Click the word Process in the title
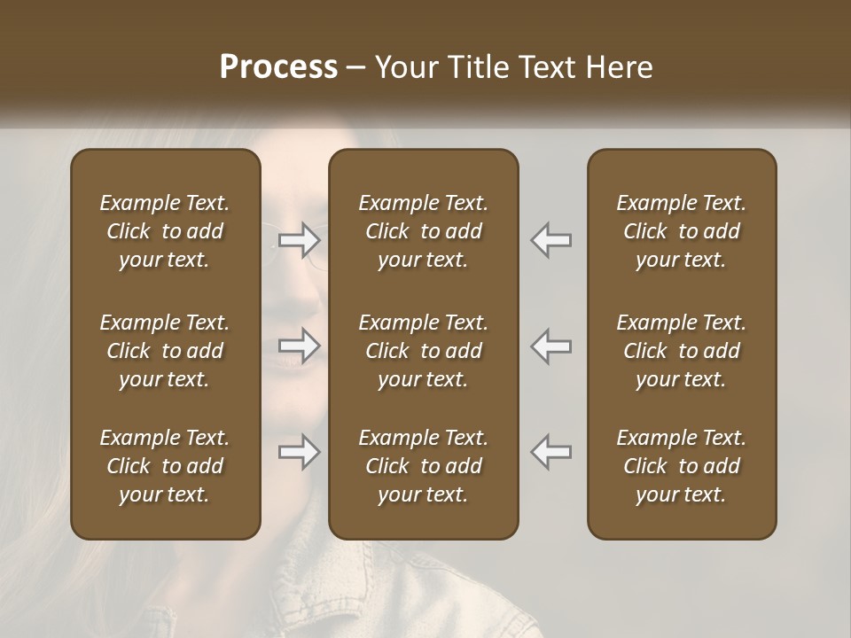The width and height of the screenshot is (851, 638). point(278,67)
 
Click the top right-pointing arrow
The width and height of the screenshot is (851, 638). point(300,239)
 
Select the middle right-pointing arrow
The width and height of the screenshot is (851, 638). point(300,346)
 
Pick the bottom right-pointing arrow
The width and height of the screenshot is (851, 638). point(300,453)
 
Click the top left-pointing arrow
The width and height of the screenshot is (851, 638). point(551,239)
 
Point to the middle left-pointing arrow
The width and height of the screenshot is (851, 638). point(551,346)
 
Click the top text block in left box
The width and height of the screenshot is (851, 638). point(165,231)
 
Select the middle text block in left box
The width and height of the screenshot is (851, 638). point(165,351)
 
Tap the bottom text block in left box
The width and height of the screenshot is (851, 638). point(165,466)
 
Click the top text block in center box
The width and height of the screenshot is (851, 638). point(423,231)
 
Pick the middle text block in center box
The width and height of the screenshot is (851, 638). point(423,351)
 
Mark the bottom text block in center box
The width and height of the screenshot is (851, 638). point(423,466)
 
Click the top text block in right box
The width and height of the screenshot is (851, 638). point(682,231)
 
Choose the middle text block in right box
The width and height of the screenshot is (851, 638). point(682,351)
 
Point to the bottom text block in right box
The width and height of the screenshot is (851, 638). point(682,466)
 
